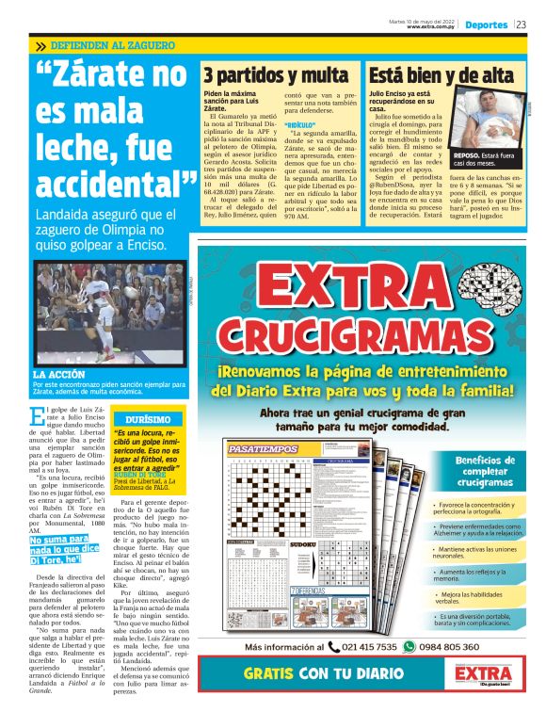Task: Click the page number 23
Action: pyautogui.click(x=521, y=24)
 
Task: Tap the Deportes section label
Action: pyautogui.click(x=487, y=24)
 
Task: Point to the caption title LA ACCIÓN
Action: pyautogui.click(x=61, y=376)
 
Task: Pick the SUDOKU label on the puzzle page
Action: pyautogui.click(x=302, y=544)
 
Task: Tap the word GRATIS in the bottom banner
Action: pyautogui.click(x=279, y=674)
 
